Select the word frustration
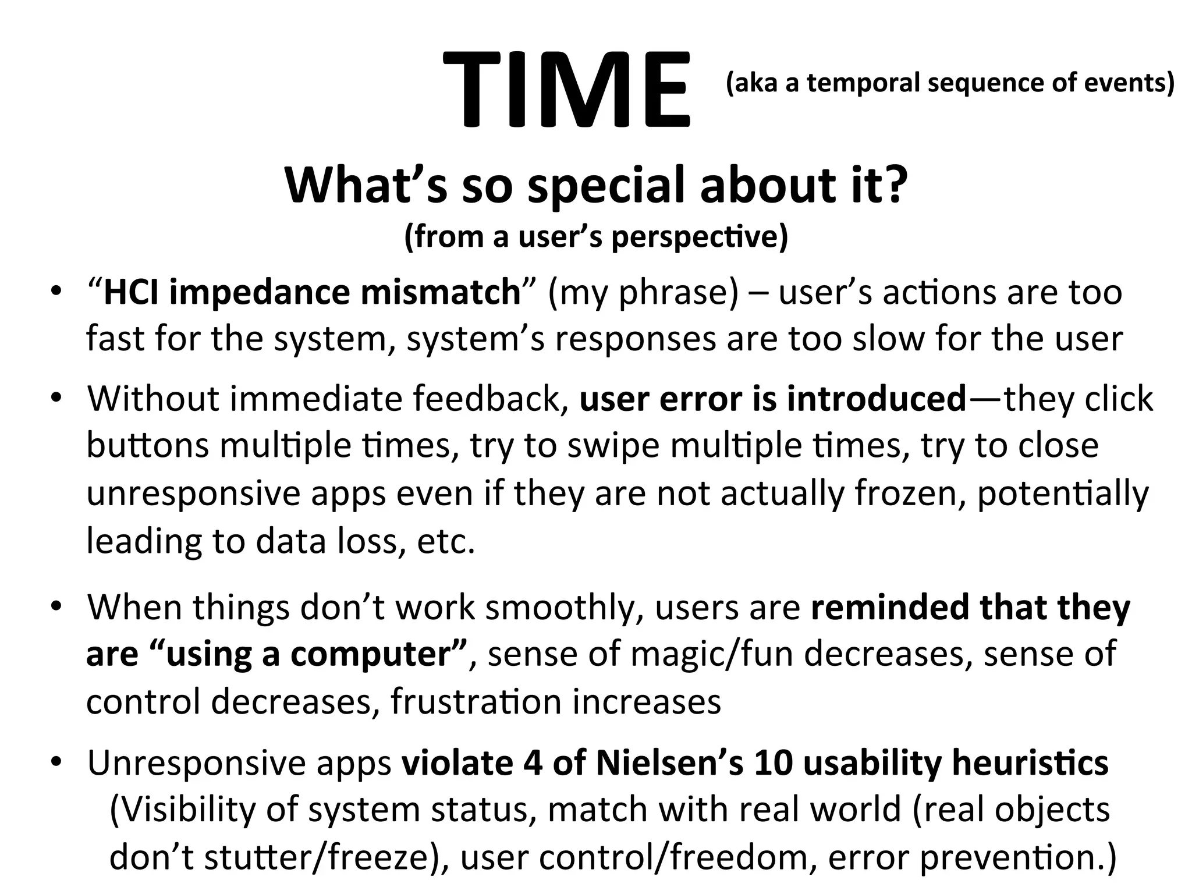[476, 701]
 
